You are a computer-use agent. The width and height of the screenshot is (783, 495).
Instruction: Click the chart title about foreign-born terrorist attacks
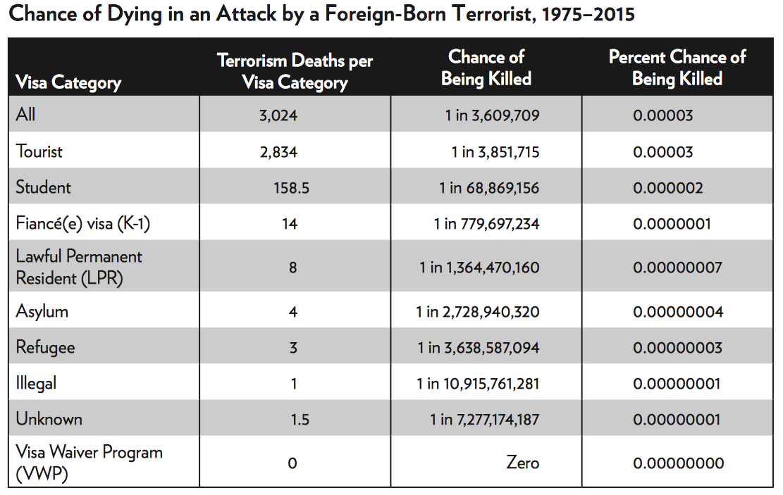tap(321, 14)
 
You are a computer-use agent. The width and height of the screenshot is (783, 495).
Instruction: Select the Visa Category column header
tap(68, 82)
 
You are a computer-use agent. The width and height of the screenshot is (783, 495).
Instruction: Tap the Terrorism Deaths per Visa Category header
tap(295, 71)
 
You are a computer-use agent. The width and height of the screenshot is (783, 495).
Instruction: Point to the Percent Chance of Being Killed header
tap(677, 68)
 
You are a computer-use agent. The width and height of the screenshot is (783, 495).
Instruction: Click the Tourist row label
tap(39, 151)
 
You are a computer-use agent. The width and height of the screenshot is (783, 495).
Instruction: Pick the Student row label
tap(44, 187)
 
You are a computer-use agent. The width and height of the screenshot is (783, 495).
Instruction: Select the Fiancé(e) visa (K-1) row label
tap(83, 224)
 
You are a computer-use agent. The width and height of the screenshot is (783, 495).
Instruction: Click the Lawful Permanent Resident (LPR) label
tap(79, 267)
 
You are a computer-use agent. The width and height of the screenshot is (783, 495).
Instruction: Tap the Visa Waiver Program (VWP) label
tap(89, 463)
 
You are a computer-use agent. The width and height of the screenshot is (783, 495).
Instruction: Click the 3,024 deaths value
tap(278, 115)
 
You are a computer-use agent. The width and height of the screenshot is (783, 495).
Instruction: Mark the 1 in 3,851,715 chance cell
tap(495, 152)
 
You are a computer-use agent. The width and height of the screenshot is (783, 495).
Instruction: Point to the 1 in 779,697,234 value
tap(486, 224)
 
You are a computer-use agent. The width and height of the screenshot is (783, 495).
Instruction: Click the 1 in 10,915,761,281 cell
tap(478, 384)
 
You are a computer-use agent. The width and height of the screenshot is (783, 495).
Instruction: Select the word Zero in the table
tap(522, 463)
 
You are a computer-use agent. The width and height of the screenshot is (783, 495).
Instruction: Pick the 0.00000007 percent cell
tap(677, 268)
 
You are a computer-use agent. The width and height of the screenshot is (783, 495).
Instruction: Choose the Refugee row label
tap(46, 347)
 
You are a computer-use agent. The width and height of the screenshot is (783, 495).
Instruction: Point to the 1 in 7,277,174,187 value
tap(485, 420)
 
